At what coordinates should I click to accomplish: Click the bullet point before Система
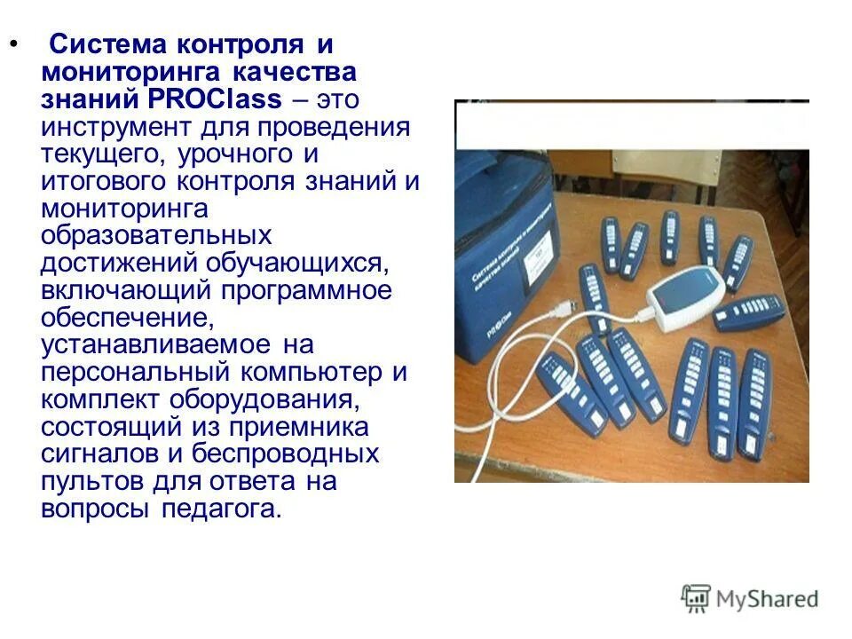point(12,43)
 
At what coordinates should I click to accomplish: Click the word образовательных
point(156,236)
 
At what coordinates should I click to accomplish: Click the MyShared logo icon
point(696,598)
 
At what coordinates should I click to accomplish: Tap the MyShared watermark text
point(769,599)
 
